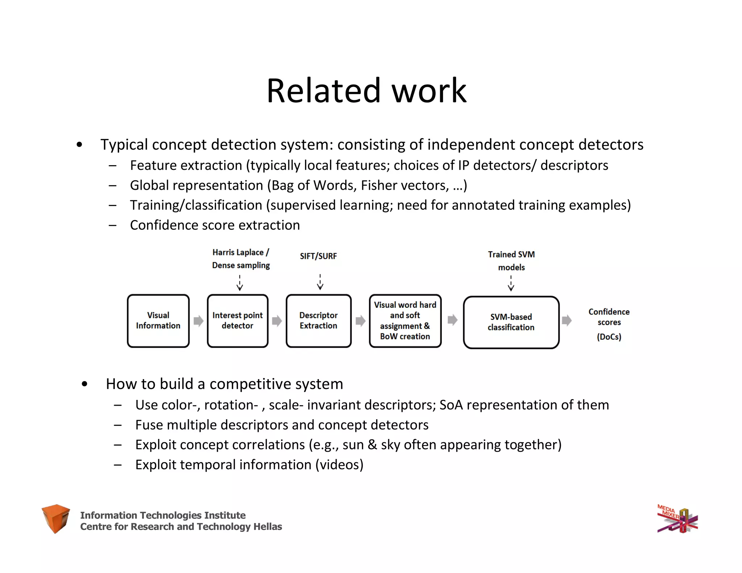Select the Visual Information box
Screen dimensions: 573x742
[x=158, y=321]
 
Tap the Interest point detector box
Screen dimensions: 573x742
[x=238, y=321]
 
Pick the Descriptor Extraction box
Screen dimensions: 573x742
[x=318, y=321]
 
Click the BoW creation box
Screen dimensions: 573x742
[x=405, y=321]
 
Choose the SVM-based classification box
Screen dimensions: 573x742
[x=511, y=322]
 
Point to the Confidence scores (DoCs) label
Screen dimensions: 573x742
[x=609, y=324]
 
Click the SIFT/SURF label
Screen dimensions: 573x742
[x=318, y=256]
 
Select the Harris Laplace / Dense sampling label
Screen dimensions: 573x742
[x=241, y=259]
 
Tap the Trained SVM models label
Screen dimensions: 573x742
[x=511, y=261]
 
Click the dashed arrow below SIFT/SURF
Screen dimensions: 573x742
[x=320, y=282]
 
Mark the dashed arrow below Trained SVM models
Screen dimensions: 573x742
[x=511, y=283]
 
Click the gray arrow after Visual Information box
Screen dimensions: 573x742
[x=198, y=321]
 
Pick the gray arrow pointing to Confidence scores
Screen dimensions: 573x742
[x=567, y=321]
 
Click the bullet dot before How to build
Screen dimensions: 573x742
[x=84, y=384]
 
